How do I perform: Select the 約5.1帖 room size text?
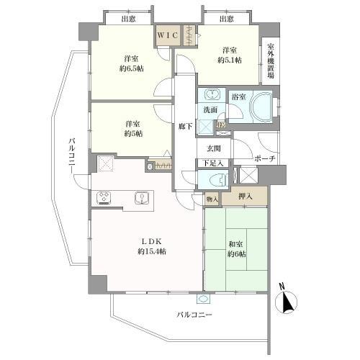(229, 60)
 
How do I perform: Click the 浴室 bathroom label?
(238, 95)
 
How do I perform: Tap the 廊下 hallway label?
(185, 126)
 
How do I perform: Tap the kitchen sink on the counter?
(142, 197)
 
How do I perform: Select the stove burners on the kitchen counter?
(104, 196)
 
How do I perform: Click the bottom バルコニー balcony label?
(194, 315)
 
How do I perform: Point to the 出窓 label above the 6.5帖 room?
(129, 19)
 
